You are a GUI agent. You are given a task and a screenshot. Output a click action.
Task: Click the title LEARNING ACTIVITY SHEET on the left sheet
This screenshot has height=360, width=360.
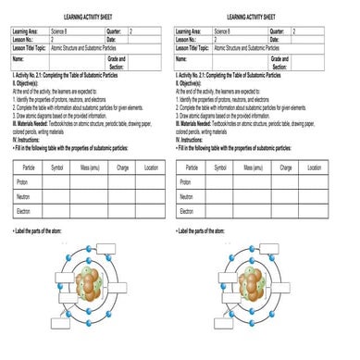[x=89, y=16]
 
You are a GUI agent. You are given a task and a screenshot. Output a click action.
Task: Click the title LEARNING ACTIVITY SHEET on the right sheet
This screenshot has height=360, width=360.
[x=251, y=16]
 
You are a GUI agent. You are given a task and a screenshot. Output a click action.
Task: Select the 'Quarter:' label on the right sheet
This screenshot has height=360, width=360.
[x=279, y=31]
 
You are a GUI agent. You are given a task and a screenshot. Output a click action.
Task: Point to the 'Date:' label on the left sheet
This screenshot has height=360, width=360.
[x=113, y=39]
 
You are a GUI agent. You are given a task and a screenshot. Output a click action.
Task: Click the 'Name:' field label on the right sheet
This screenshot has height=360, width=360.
[x=181, y=57]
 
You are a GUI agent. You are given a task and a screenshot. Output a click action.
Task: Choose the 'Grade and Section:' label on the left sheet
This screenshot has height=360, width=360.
[x=117, y=63]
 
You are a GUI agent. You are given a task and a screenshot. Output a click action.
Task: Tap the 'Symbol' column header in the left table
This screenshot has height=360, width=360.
[x=57, y=168]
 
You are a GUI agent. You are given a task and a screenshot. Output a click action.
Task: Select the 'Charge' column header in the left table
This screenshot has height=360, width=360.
[x=122, y=168]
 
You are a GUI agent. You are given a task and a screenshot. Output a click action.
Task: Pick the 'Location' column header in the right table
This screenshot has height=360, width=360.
[x=315, y=168]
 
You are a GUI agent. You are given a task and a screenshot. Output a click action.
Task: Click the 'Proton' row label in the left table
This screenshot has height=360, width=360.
[x=22, y=182]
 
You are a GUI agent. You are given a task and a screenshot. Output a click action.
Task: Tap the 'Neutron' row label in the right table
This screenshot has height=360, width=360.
[x=186, y=197]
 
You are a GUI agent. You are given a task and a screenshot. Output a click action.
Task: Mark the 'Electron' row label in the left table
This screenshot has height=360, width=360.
[x=24, y=212]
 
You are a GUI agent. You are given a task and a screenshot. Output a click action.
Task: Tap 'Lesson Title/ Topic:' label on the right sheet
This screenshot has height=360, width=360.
[x=193, y=46]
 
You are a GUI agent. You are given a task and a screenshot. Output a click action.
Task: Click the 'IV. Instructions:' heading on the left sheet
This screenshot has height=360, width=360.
[x=28, y=139]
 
